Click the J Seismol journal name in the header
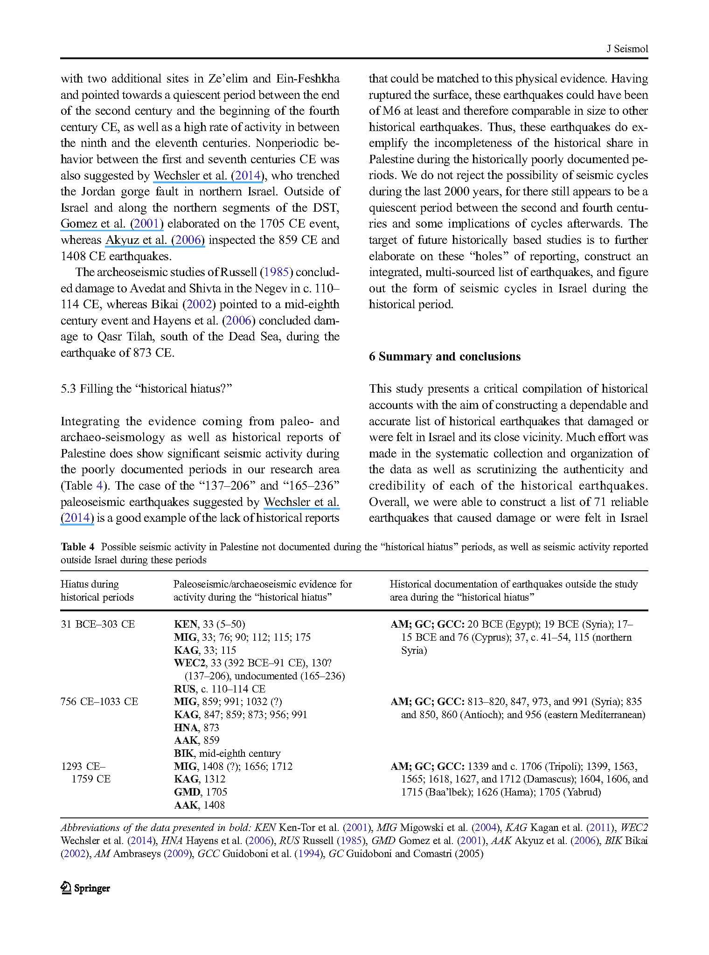coord(626,49)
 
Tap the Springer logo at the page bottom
coord(85,888)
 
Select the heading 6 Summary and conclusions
coord(445,357)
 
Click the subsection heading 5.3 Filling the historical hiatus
coord(146,389)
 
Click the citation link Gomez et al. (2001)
coord(112,224)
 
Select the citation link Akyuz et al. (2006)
coord(155,240)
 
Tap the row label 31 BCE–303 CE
coord(97,624)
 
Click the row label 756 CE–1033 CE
coord(99,701)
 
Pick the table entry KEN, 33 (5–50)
coord(209,624)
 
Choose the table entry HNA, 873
coord(196,727)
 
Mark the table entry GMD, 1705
coord(200,792)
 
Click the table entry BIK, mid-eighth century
coord(227,753)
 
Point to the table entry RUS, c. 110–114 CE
coord(219,689)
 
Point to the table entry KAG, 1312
coord(199,779)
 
